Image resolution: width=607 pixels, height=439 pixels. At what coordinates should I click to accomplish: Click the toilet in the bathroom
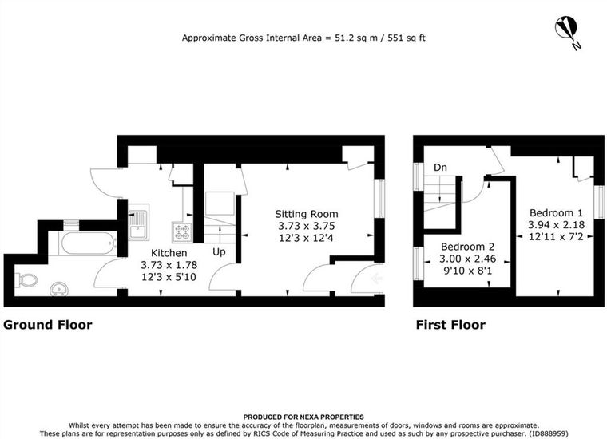pyautogui.click(x=26, y=280)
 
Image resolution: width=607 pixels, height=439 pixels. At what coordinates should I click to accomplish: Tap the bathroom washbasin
pyautogui.click(x=60, y=289)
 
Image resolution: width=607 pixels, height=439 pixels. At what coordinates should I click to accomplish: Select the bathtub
pyautogui.click(x=89, y=243)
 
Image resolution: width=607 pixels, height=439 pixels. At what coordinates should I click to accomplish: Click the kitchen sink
pyautogui.click(x=138, y=223)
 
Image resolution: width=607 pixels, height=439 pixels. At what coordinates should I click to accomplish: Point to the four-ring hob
pyautogui.click(x=182, y=232)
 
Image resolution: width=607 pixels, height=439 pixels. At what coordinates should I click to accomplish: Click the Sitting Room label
pyautogui.click(x=306, y=214)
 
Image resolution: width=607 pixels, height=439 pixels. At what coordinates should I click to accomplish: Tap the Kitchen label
pyautogui.click(x=169, y=253)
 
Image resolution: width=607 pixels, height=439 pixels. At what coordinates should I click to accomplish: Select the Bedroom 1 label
pyautogui.click(x=556, y=213)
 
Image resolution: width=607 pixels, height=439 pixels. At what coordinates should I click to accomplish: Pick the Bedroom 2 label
pyautogui.click(x=468, y=247)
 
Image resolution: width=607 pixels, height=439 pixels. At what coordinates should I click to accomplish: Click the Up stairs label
pyautogui.click(x=219, y=252)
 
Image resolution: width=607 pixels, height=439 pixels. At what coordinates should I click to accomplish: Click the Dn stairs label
pyautogui.click(x=440, y=168)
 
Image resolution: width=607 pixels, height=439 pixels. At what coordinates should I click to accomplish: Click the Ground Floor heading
pyautogui.click(x=48, y=325)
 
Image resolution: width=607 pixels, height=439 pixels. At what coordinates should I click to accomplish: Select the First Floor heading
pyautogui.click(x=450, y=325)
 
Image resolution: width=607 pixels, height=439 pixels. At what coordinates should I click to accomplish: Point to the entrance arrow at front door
pyautogui.click(x=375, y=278)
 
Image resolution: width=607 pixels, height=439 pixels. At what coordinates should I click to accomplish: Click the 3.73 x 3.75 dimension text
pyautogui.click(x=306, y=226)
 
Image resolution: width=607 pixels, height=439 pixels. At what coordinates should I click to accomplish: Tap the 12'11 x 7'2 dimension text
pyautogui.click(x=556, y=236)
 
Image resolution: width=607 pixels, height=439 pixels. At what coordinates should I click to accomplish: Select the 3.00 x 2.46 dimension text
pyautogui.click(x=468, y=259)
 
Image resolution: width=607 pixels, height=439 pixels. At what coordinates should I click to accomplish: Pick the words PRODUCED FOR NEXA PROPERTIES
pyautogui.click(x=303, y=417)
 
